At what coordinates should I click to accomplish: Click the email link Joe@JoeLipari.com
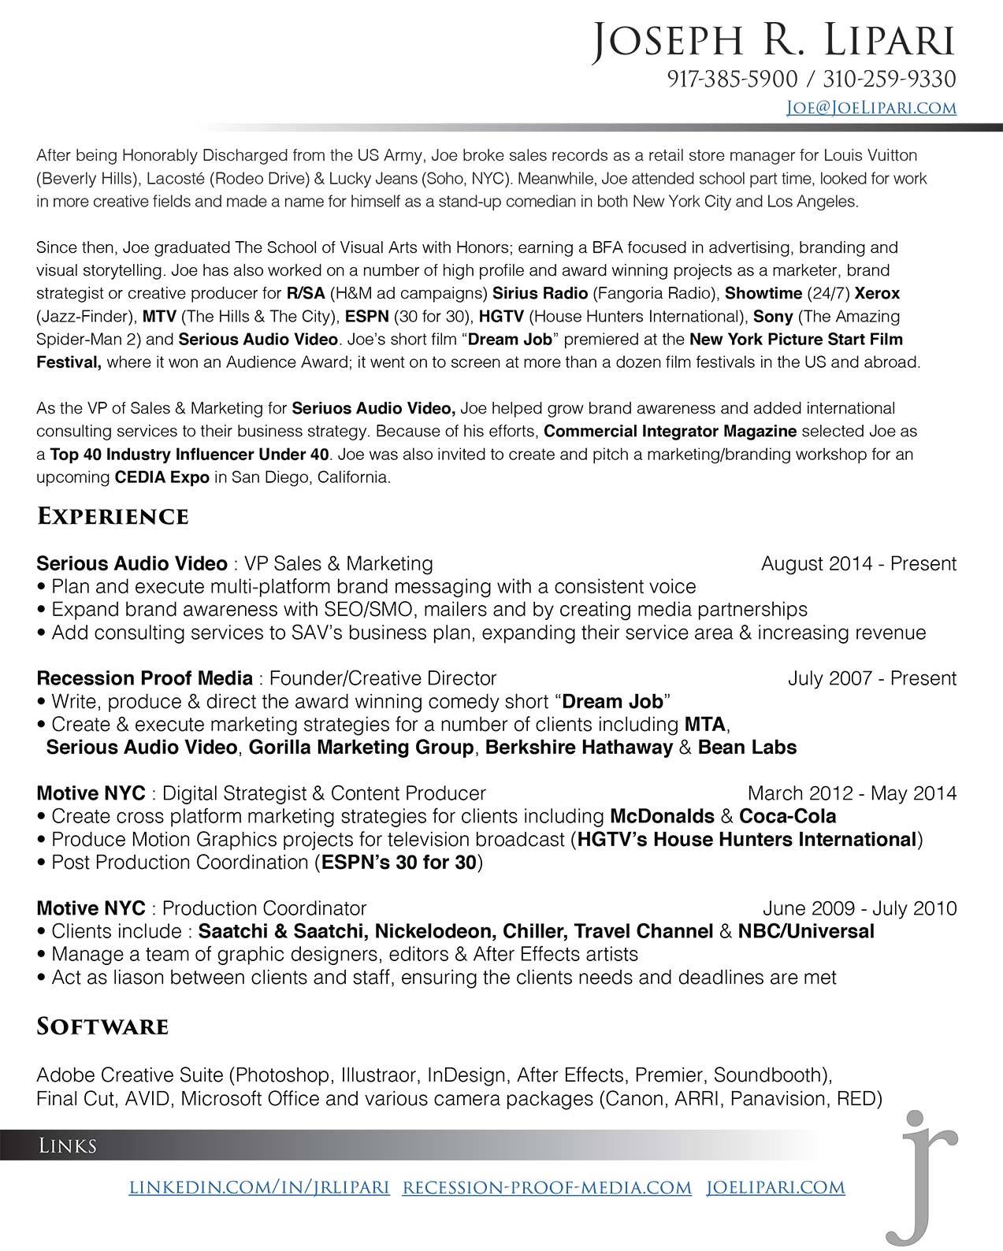coord(871,108)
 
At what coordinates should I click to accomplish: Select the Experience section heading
coord(113,517)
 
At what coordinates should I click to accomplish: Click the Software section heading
coord(102,1026)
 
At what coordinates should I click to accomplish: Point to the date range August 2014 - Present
coord(858,563)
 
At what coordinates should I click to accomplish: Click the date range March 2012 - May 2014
coord(852,793)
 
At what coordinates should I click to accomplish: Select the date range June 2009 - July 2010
coord(860,908)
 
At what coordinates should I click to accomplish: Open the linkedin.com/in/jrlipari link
coord(259,1187)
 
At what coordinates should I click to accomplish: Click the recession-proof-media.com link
coord(547,1187)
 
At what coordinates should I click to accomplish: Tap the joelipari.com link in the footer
coord(775,1187)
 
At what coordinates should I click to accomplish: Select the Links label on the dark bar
coord(68,1145)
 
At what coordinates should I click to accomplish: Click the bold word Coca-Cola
coord(787,816)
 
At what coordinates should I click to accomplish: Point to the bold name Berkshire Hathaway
coord(578,748)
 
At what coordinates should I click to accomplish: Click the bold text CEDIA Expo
coord(162,477)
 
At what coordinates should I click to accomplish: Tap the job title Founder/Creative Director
coord(383,678)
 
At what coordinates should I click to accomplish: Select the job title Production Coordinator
coord(264,908)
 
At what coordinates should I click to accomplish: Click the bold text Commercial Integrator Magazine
coord(670,432)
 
